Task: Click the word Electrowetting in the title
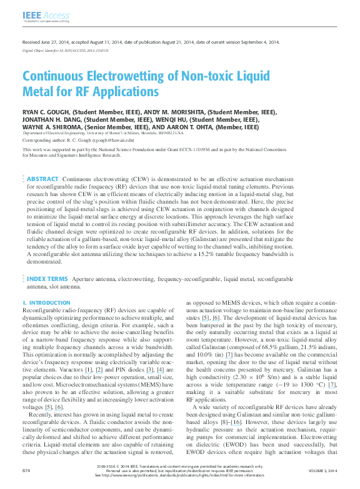pos(121,77)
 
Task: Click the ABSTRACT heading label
pos(42,179)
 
